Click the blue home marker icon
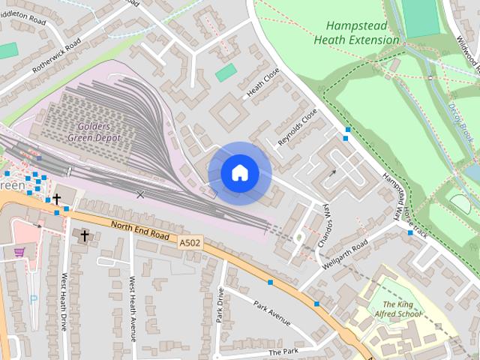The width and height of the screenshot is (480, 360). click(239, 173)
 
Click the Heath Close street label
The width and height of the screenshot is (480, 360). click(262, 83)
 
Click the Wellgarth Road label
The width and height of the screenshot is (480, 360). click(344, 256)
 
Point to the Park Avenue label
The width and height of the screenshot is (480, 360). click(271, 314)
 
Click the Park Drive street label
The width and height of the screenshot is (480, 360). click(220, 304)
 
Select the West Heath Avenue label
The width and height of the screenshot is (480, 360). click(132, 307)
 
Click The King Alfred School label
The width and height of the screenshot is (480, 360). click(398, 309)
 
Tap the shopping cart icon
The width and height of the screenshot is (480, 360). click(19, 252)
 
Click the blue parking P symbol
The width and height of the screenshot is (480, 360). click(32, 298)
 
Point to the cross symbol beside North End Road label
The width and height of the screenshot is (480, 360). click(84, 235)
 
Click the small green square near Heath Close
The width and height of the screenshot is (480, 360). click(226, 73)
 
